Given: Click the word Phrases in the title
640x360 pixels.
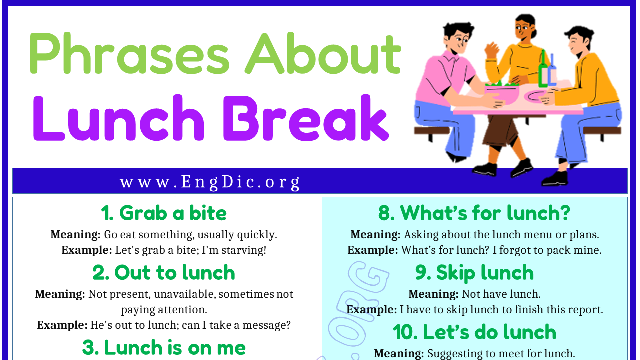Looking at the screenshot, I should [129, 54].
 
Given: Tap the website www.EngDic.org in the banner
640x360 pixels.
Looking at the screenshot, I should [210, 182].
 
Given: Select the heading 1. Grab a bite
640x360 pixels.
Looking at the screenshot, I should [164, 213].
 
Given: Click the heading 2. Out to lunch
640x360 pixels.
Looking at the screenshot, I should [164, 273].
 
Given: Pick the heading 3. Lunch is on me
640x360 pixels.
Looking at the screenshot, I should [164, 347].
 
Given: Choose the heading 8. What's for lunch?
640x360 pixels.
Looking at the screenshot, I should [474, 213].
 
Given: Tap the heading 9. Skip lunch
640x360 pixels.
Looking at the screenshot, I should [474, 273].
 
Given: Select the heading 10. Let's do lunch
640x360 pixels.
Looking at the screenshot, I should [474, 332].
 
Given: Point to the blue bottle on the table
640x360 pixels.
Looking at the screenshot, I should [552, 71].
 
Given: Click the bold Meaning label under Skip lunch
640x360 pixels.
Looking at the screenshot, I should [433, 294].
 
